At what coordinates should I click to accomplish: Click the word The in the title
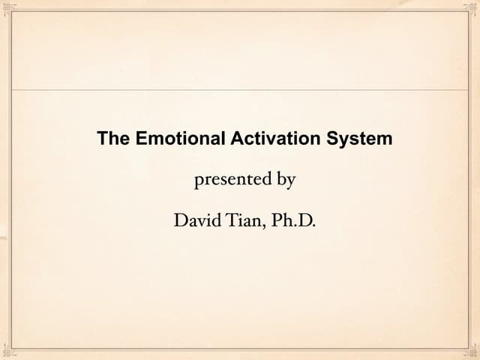(114, 139)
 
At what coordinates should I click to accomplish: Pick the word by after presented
(286, 181)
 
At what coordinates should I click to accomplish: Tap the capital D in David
(180, 220)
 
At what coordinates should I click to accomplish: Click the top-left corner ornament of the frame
(7, 7)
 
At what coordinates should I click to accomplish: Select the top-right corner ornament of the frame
(472, 7)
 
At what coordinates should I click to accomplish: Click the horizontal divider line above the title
(240, 90)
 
